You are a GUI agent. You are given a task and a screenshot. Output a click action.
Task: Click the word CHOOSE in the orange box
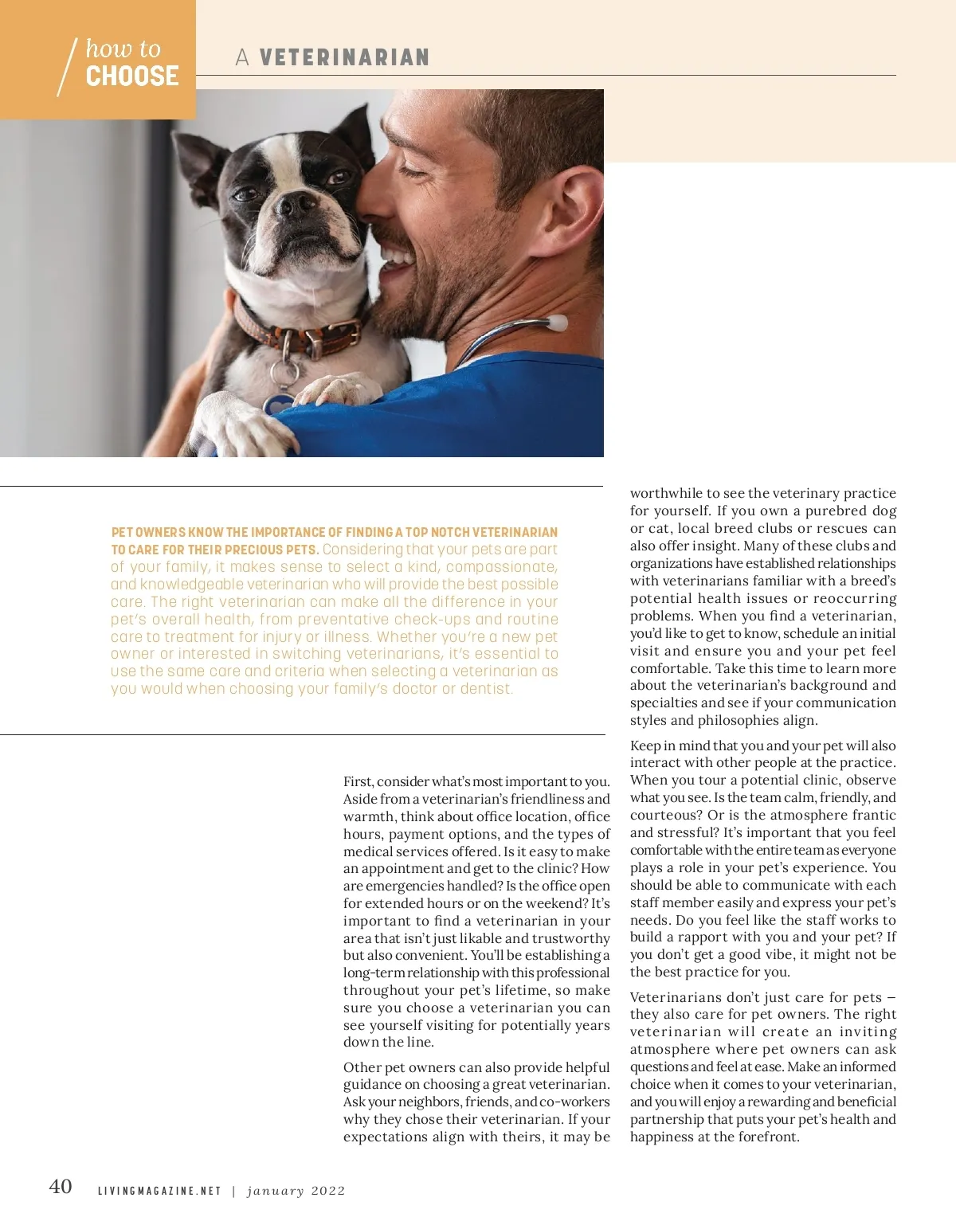coord(132,76)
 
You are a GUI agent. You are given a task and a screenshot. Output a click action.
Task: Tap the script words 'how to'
coord(123,49)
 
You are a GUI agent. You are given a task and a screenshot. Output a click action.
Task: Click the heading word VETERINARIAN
coord(344,57)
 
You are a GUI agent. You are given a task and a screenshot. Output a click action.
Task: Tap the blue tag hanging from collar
coord(279,405)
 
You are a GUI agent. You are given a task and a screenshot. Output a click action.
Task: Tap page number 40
coord(61,1187)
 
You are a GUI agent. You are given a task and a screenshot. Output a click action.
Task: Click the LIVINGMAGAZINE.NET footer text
coord(159,1192)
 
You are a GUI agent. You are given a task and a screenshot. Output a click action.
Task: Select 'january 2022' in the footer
coord(296,1192)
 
